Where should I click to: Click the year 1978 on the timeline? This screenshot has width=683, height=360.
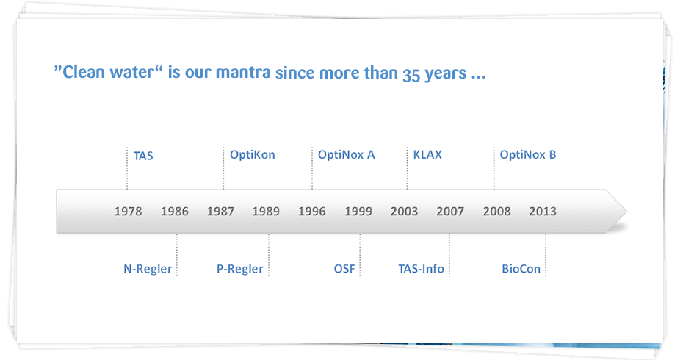128,212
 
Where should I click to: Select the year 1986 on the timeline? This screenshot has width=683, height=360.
175,212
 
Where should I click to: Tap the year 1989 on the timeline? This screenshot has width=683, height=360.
266,212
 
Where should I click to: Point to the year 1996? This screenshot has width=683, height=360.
312,212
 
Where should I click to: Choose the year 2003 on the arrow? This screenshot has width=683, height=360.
404,212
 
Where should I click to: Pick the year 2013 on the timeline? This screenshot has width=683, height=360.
543,212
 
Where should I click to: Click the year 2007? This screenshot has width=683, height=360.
450,212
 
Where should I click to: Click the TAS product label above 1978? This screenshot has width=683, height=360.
143,156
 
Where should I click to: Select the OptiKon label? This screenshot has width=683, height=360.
253,155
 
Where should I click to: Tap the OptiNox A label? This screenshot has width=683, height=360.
347,155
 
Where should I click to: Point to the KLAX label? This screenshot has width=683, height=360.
427,155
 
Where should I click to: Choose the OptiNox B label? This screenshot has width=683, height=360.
528,155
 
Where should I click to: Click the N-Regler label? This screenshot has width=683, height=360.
148,269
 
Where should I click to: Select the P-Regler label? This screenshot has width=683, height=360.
240,269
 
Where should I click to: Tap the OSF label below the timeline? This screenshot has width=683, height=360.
344,269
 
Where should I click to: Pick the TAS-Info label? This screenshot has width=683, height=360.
422,269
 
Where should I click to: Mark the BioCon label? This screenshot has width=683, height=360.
521,269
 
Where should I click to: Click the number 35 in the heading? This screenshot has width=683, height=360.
411,75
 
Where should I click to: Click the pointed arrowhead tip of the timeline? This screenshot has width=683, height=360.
626,212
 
